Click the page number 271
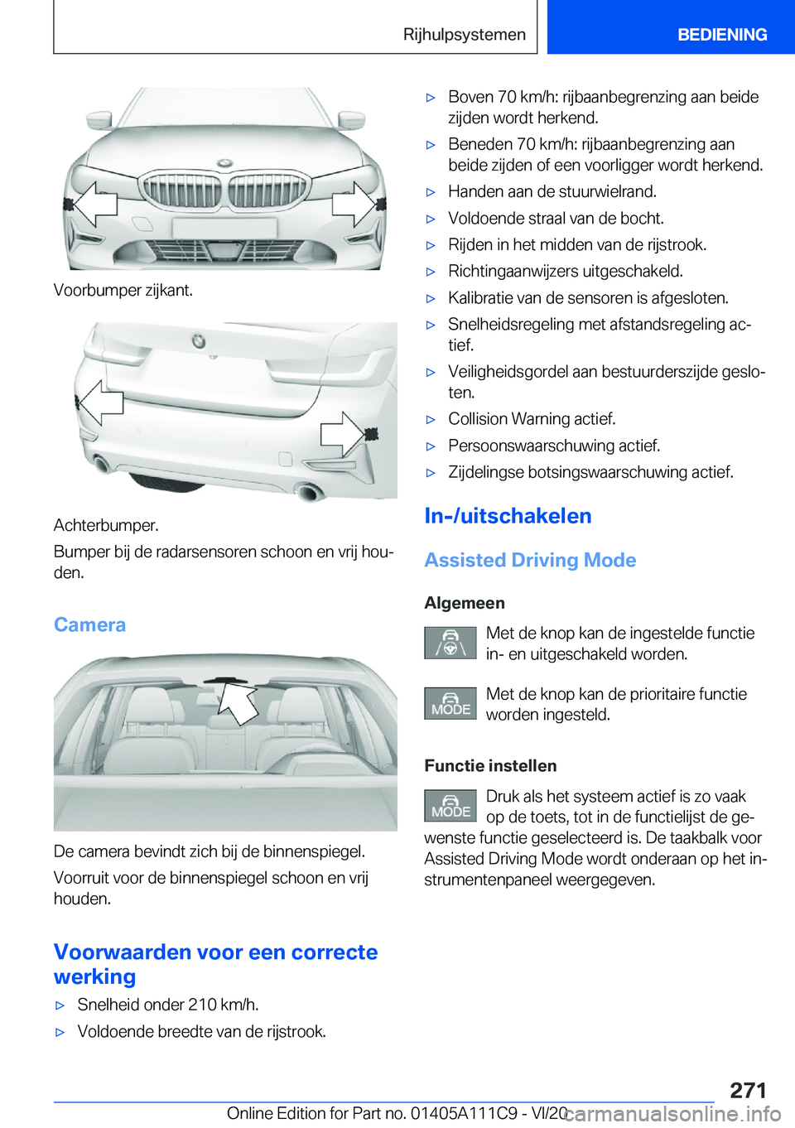(x=748, y=1089)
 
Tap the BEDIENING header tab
(x=721, y=35)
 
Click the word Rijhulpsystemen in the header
(x=464, y=35)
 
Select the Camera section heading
(x=89, y=624)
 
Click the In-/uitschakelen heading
(x=508, y=516)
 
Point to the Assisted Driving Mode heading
(x=530, y=560)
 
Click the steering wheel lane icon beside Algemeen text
(x=450, y=643)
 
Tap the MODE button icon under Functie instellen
(x=450, y=805)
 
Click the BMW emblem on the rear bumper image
(x=199, y=340)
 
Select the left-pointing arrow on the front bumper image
(x=94, y=203)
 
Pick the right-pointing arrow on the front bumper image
(x=354, y=203)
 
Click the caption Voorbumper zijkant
(x=123, y=290)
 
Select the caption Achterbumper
(x=106, y=525)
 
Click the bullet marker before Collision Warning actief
(x=431, y=420)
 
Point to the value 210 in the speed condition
(x=202, y=1005)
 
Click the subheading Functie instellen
(x=490, y=765)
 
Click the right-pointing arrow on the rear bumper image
(x=344, y=433)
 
